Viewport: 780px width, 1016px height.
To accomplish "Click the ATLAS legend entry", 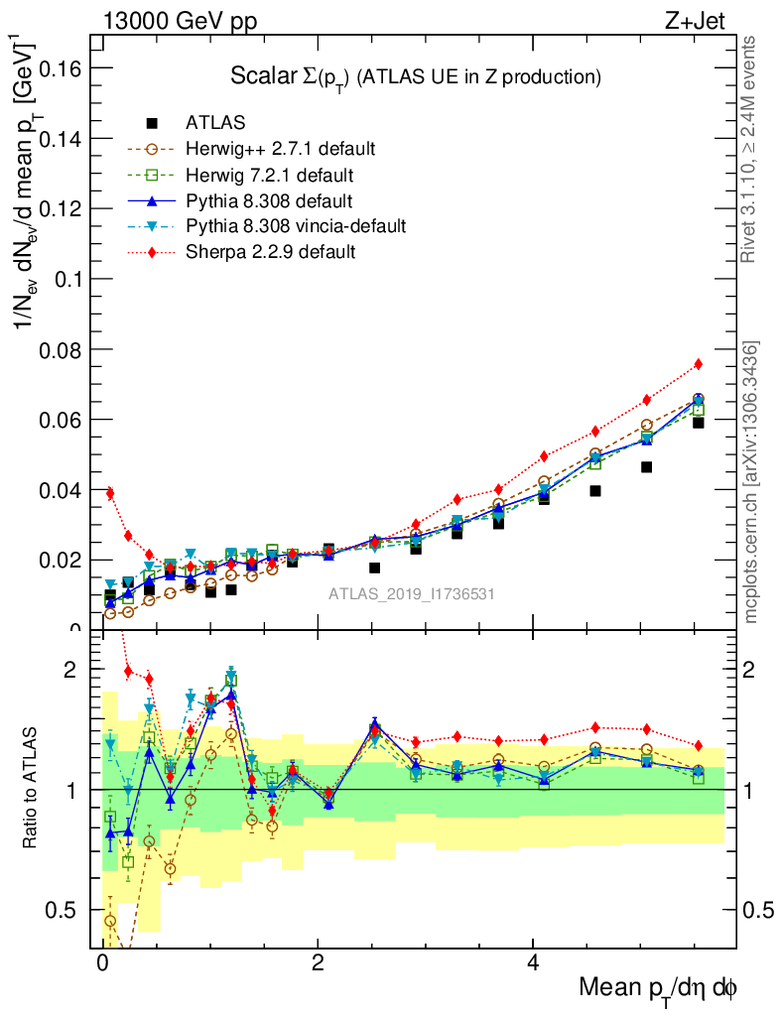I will coord(215,123).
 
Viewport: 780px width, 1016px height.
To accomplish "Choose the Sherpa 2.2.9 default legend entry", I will coord(270,252).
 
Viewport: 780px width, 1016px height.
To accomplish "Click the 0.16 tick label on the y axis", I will coord(58,67).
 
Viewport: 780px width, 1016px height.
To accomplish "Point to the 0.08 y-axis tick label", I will coord(58,349).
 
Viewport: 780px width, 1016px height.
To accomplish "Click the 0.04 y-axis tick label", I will coord(58,490).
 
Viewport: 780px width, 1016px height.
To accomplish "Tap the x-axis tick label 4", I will coord(533,963).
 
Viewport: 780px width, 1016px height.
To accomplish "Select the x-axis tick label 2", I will coord(318,963).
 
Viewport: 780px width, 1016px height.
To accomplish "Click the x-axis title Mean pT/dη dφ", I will coord(659,988).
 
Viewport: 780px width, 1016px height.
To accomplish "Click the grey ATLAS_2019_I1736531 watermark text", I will coord(412,593).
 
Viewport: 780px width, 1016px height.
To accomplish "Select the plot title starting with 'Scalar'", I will coord(416,76).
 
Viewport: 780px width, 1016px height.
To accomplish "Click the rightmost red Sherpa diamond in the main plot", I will coord(699,364).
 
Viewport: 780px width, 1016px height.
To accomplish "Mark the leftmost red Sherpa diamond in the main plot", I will coord(110,493).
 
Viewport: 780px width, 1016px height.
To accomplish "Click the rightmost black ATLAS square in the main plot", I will coord(699,423).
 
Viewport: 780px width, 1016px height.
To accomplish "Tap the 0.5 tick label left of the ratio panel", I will coord(65,910).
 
